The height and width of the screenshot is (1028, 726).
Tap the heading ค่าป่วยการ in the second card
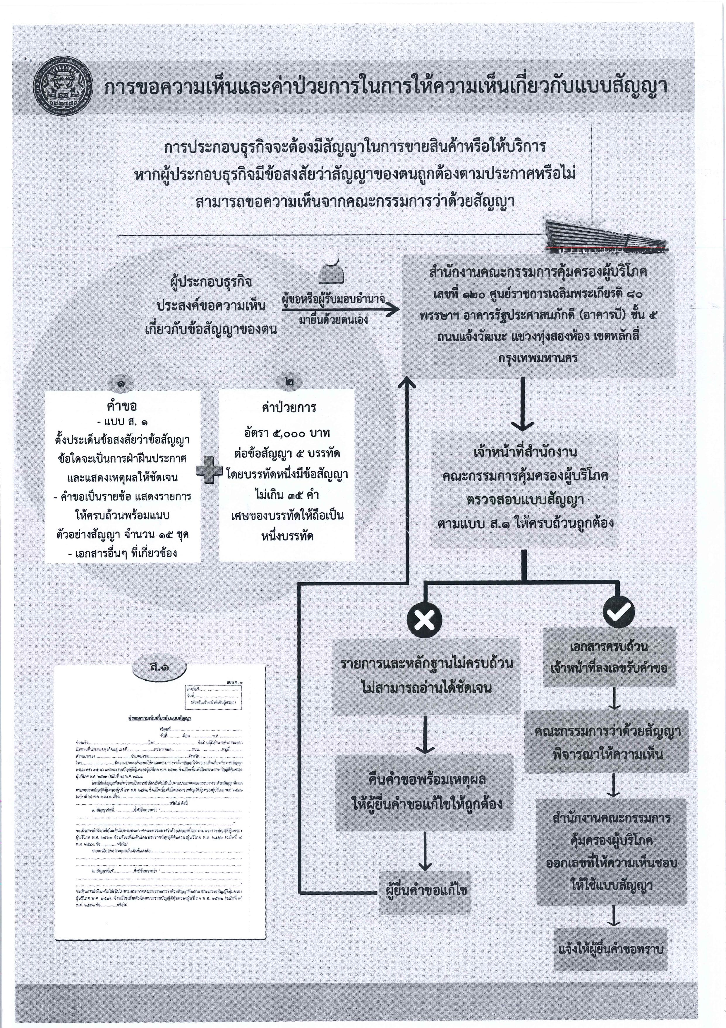coord(289,408)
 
